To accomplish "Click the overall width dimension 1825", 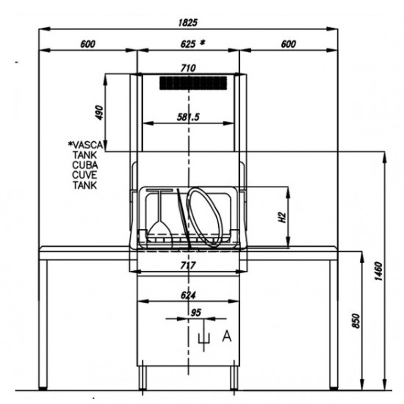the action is pos(187,23).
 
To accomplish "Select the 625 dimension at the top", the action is pos(187,44).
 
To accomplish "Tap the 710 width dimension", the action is pos(188,68).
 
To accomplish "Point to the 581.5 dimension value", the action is pos(188,118).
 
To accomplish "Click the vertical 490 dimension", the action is pos(99,112).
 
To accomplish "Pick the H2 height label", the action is pos(282,217).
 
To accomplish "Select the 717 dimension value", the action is pos(188,265).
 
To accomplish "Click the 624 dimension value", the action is pos(188,295).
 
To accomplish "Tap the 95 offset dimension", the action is pos(195,312).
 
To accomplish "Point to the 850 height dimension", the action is pos(356,321).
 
